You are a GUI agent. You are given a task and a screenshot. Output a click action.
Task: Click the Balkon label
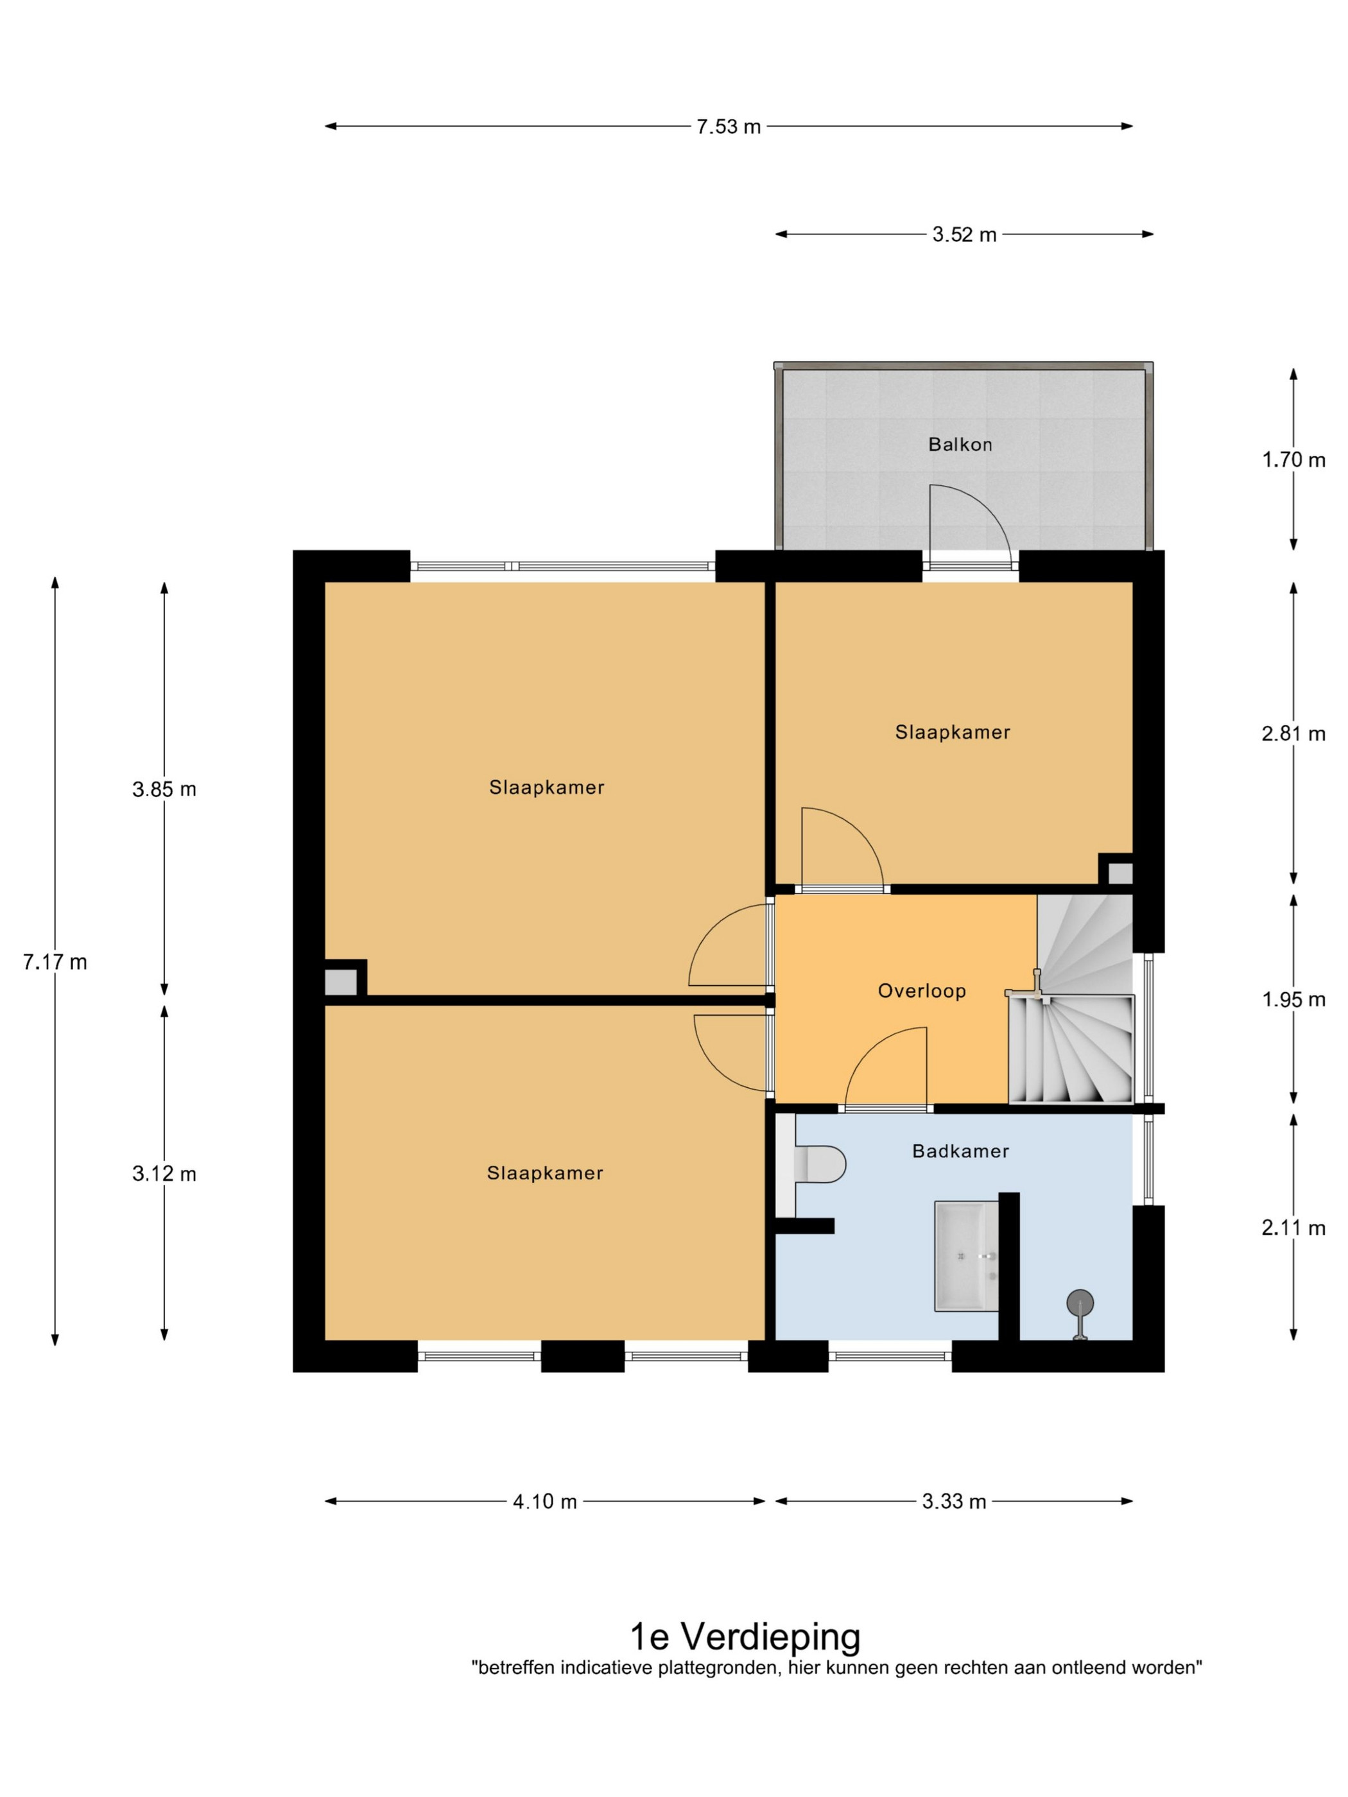(960, 444)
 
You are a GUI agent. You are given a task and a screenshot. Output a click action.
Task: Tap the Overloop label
(921, 991)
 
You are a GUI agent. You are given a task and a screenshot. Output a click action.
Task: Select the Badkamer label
(960, 1151)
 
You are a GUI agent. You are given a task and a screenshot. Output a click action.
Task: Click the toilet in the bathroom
(820, 1164)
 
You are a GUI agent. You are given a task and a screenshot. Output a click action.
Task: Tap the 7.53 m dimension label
(728, 126)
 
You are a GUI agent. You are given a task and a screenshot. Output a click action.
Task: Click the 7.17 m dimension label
(55, 963)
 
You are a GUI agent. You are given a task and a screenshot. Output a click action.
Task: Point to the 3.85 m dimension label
(164, 789)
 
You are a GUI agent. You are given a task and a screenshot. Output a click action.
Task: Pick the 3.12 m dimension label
(164, 1174)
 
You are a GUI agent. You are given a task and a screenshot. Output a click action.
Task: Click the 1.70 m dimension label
(1293, 461)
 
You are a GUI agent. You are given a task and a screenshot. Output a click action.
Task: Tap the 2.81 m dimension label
(1293, 734)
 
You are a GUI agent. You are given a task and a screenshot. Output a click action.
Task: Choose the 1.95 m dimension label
(1293, 1000)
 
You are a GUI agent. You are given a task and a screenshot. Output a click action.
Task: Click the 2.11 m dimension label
(1293, 1228)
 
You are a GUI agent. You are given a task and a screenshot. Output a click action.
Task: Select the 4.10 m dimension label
(544, 1502)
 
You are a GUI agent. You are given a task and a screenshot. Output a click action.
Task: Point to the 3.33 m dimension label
(954, 1502)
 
